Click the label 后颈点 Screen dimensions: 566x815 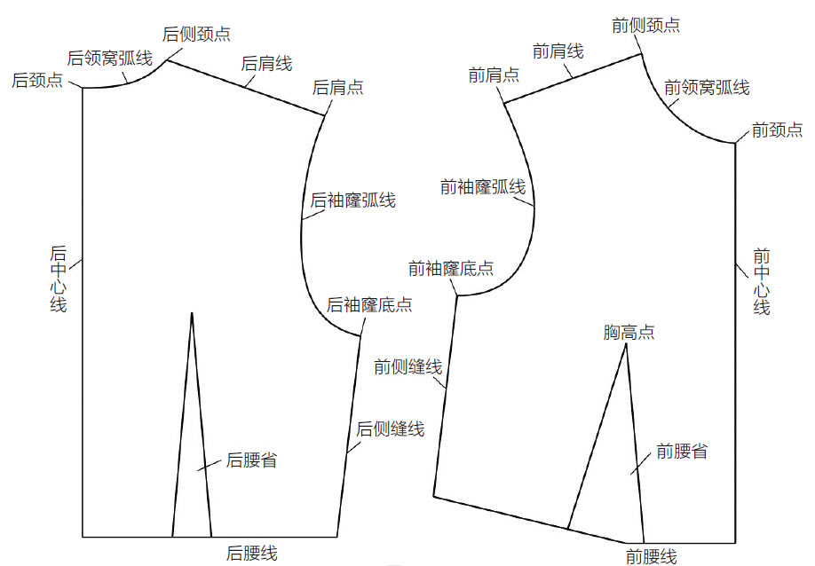coord(36,81)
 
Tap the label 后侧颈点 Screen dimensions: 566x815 coord(196,34)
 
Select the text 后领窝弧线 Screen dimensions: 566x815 coord(110,59)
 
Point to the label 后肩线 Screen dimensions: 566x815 coord(266,64)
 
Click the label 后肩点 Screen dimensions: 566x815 coord(338,88)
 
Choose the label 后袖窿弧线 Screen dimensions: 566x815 coord(352,200)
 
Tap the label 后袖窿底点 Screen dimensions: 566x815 coord(369,305)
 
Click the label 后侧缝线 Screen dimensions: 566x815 coord(391,429)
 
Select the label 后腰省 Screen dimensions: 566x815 coord(251,460)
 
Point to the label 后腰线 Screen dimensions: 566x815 coord(252,554)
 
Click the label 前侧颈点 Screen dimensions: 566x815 coord(646,25)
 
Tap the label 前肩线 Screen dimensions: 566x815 coord(558,51)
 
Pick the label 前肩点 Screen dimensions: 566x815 coord(494,75)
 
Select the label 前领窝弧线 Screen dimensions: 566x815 coord(707,87)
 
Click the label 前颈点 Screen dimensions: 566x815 coord(777,130)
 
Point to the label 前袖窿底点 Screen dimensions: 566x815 coord(451,268)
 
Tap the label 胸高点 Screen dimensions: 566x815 coord(629,333)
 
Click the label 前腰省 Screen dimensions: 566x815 coord(682,452)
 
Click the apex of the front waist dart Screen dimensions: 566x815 coord(627,344)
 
